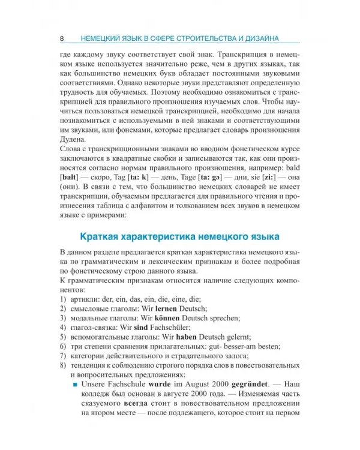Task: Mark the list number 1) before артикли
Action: (64, 297)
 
